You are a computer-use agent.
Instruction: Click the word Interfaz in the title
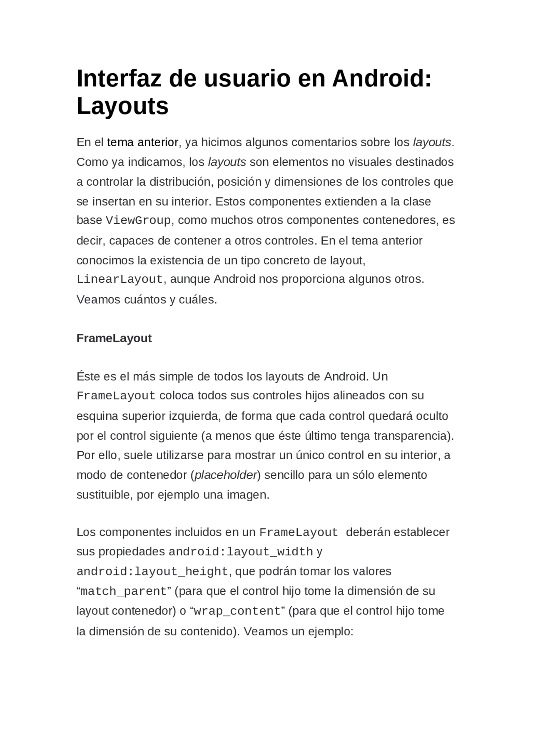coord(119,78)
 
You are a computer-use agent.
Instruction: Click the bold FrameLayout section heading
coord(114,338)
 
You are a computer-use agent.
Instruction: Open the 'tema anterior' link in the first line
coord(142,142)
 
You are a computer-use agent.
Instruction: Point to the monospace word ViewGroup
coord(138,220)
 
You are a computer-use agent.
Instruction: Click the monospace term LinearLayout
coord(120,279)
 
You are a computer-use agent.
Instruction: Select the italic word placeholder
coord(225,475)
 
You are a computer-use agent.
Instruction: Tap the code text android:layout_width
coord(240,552)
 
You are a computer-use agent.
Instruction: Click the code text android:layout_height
coord(152,572)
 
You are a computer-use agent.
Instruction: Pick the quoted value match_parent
coord(123,592)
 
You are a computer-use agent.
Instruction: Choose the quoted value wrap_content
coord(237,612)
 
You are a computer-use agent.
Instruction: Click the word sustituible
coord(103,495)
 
